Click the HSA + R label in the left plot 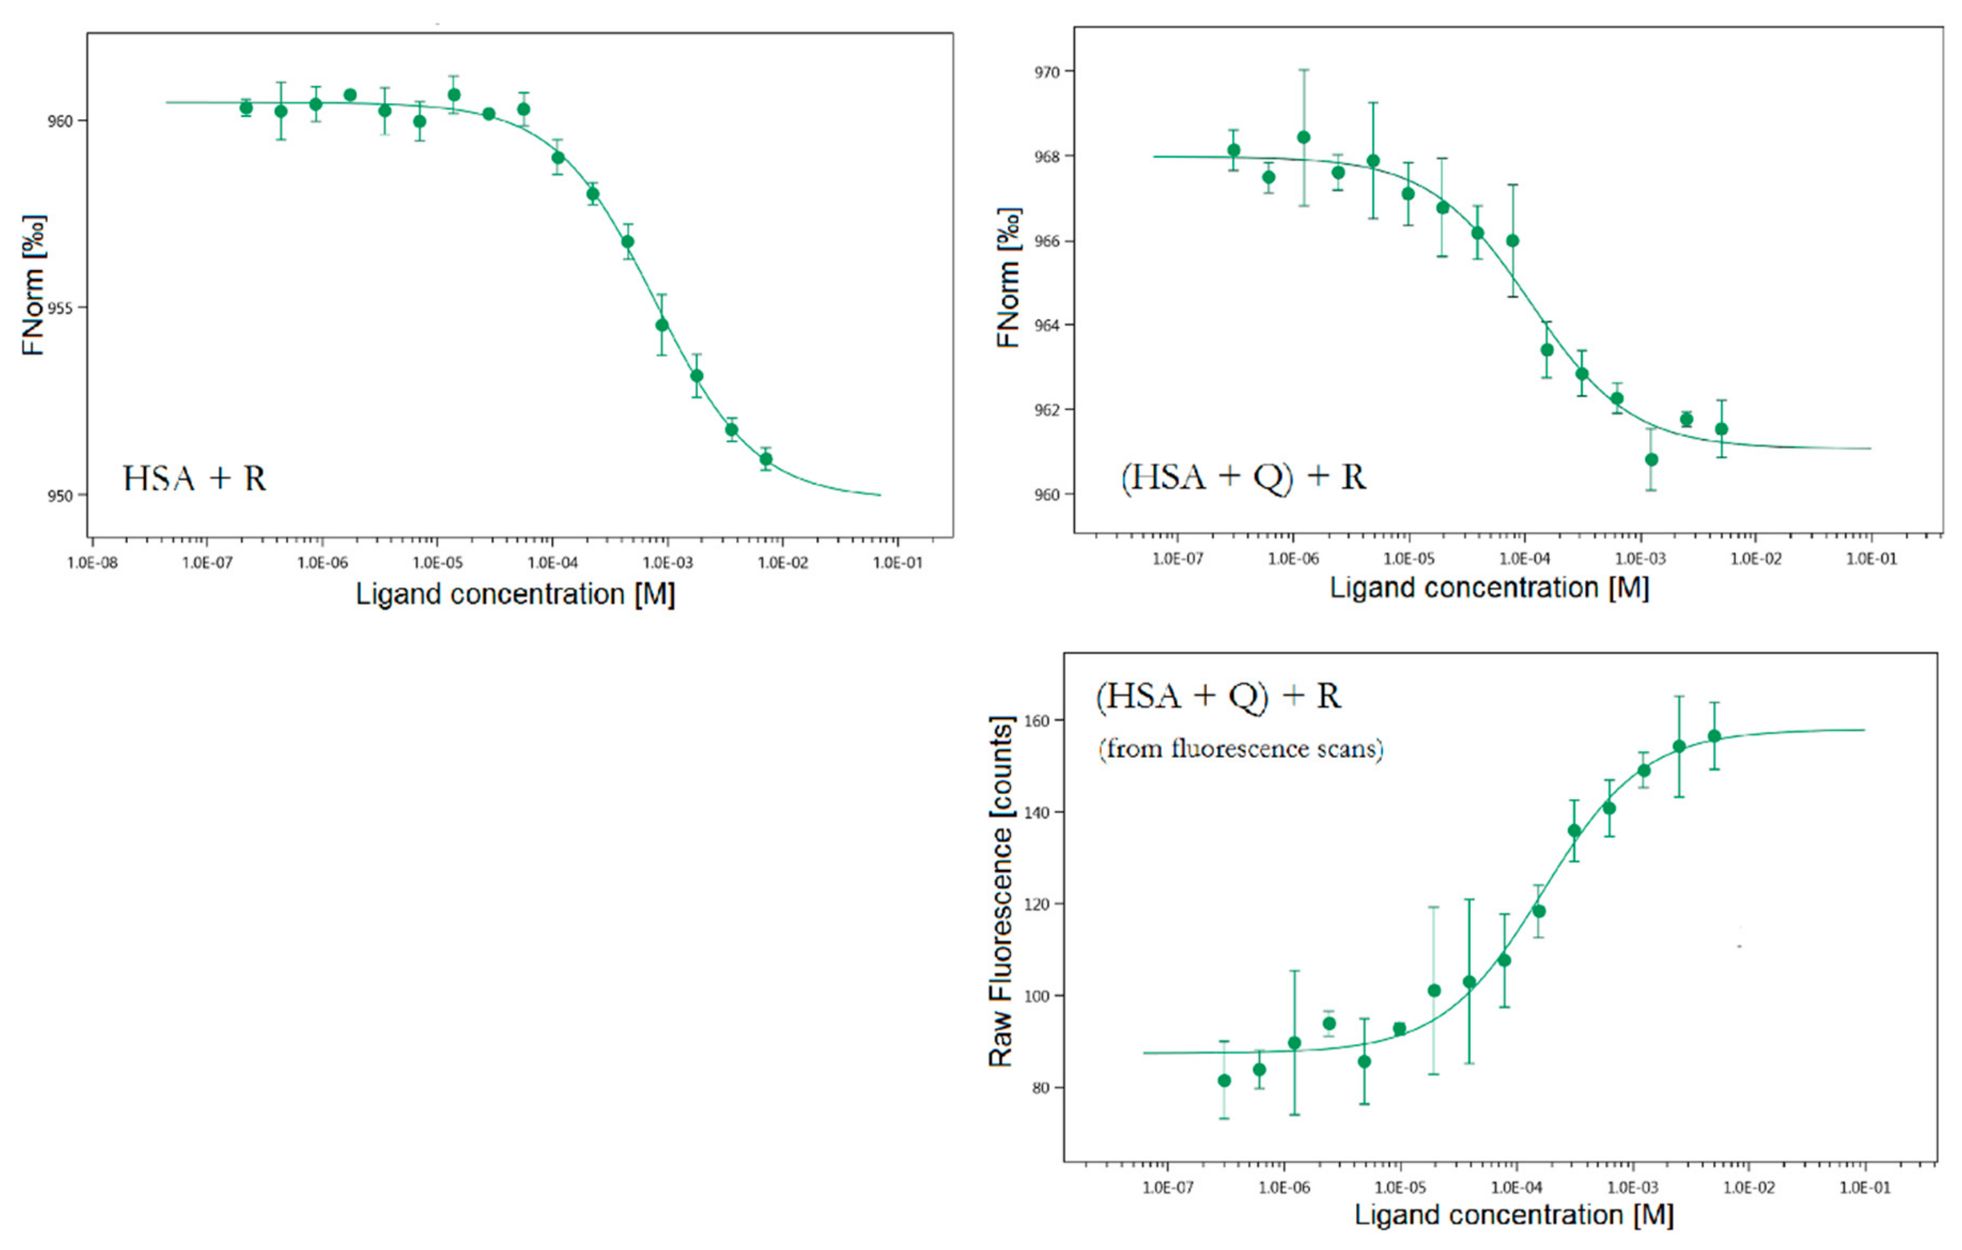pos(195,478)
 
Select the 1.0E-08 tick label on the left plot pos(92,563)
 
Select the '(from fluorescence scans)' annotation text pos(1240,748)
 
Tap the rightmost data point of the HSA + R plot pos(766,459)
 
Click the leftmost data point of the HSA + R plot pos(246,108)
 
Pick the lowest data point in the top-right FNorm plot pos(1652,459)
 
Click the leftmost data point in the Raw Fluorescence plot pos(1224,1080)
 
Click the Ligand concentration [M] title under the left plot pos(515,594)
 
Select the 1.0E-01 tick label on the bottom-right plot pos(1865,1187)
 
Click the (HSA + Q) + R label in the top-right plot pos(1243,477)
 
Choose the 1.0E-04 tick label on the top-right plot pos(1524,559)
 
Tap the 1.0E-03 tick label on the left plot pos(667,563)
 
